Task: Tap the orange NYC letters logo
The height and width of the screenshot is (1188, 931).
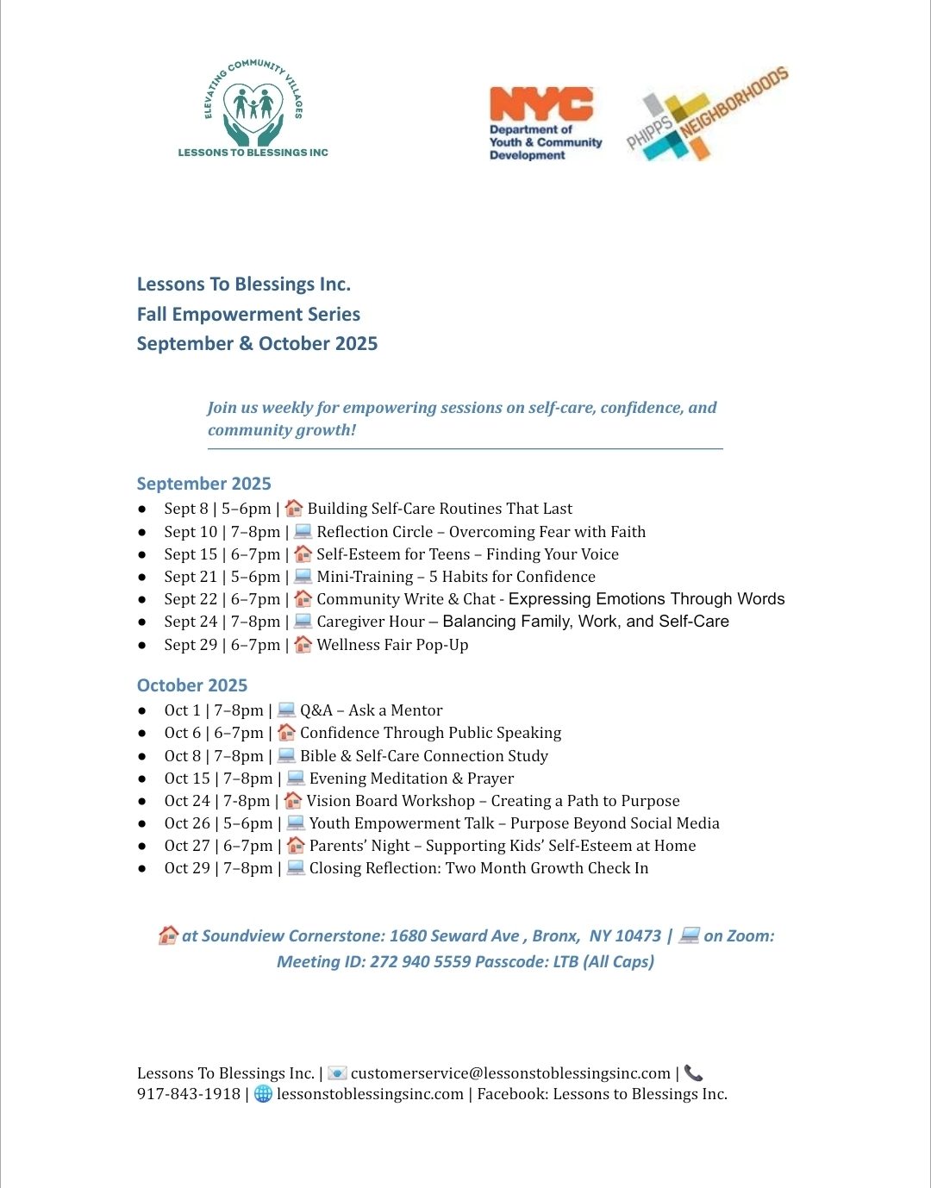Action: [x=540, y=104]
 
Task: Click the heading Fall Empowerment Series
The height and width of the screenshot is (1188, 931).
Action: [x=248, y=314]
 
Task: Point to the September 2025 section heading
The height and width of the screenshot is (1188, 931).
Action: [x=203, y=484]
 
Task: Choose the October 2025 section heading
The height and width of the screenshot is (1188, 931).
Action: [x=191, y=685]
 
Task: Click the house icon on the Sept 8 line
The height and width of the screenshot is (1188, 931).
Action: [x=294, y=508]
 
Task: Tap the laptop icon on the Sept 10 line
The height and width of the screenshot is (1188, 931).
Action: [x=303, y=531]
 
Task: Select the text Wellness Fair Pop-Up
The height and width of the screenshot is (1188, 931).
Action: [x=392, y=645]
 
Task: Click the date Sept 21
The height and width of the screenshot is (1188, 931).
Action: [x=191, y=577]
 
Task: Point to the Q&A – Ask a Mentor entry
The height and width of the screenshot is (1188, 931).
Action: [x=371, y=710]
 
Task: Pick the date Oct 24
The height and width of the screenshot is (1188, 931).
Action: [x=187, y=801]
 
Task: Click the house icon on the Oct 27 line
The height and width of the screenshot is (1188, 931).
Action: [x=296, y=846]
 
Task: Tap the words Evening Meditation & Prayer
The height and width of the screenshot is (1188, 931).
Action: [x=411, y=778]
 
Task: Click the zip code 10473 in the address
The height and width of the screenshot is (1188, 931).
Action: [x=638, y=936]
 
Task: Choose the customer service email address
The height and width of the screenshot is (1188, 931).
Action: [x=510, y=1073]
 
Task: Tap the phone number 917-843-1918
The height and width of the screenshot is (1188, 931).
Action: [x=188, y=1094]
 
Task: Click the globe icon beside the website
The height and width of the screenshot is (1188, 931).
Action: [x=263, y=1094]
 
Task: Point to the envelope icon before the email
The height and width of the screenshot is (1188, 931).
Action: [x=337, y=1073]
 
